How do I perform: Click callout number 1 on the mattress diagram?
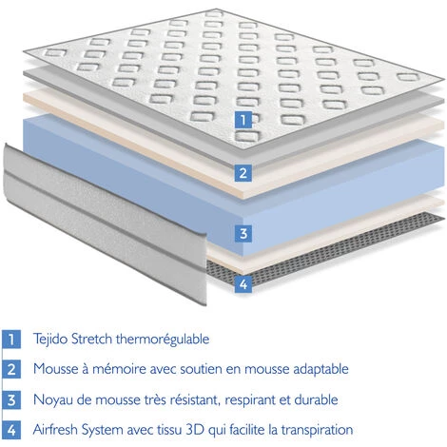pyautogui.click(x=243, y=120)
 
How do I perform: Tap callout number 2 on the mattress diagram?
pyautogui.click(x=243, y=173)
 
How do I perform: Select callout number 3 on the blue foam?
pyautogui.click(x=243, y=234)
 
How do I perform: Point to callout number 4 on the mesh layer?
pyautogui.click(x=243, y=284)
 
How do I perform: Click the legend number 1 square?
pyautogui.click(x=11, y=339)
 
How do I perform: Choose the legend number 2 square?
pyautogui.click(x=11, y=369)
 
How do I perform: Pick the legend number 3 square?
pyautogui.click(x=11, y=399)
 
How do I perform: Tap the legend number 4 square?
pyautogui.click(x=11, y=430)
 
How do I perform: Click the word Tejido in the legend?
pyautogui.click(x=50, y=339)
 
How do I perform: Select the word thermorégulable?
pyautogui.click(x=163, y=339)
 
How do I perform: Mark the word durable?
pyautogui.click(x=316, y=399)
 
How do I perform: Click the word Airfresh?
pyautogui.click(x=55, y=430)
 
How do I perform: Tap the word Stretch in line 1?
pyautogui.click(x=91, y=339)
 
